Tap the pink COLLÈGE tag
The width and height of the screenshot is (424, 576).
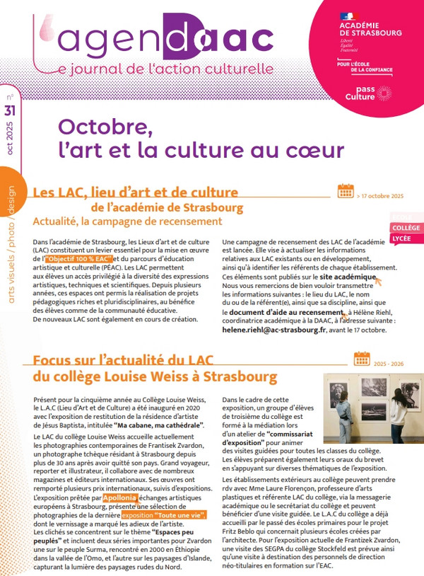coord(406,228)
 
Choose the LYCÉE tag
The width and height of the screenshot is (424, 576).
coord(403,238)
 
